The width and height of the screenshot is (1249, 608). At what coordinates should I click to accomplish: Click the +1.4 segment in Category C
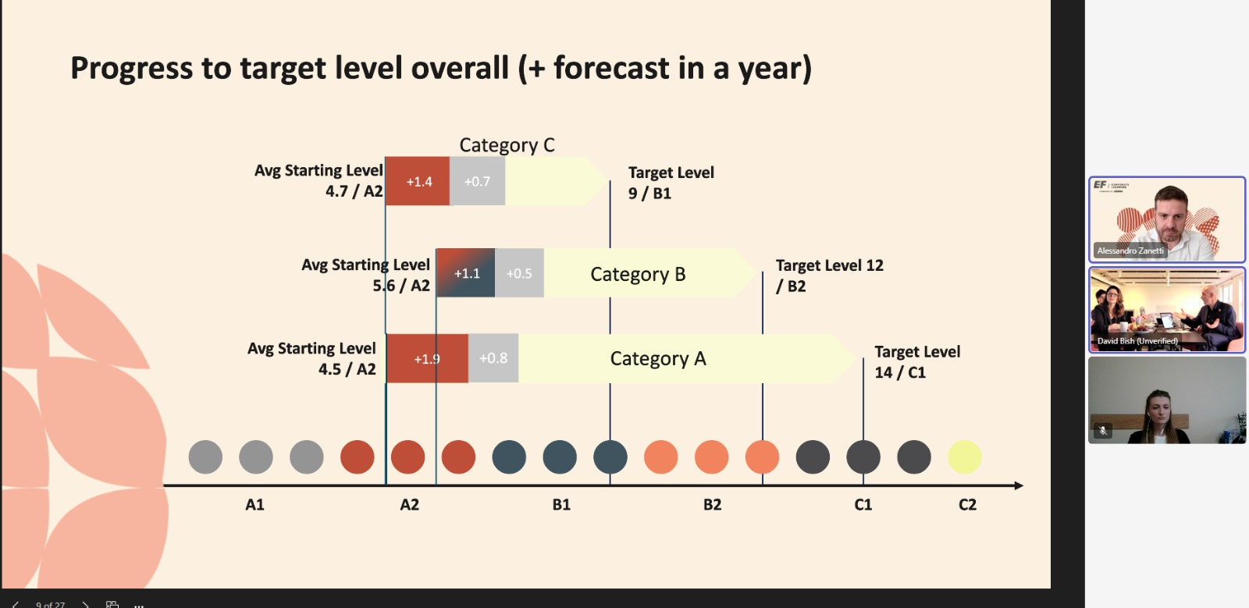[x=418, y=181]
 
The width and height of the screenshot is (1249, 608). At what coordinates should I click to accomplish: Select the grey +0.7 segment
[x=477, y=181]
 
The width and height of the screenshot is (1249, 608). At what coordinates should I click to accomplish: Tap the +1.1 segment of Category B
[x=466, y=273]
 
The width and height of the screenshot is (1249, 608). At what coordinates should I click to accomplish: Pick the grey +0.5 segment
[x=519, y=273]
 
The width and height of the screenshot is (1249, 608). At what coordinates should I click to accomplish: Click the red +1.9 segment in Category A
[x=426, y=358]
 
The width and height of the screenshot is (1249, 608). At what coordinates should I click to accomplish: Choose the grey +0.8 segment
[x=493, y=358]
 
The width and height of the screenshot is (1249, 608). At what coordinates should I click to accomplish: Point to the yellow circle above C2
[x=964, y=457]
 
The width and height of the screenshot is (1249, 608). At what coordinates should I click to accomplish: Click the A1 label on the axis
[x=255, y=505]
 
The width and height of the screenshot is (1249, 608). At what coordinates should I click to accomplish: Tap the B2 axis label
[x=712, y=505]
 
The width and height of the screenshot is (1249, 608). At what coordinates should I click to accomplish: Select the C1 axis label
[x=863, y=505]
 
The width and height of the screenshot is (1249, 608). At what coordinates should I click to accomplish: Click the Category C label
[x=507, y=145]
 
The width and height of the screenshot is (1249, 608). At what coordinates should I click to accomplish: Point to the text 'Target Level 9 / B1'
[x=671, y=183]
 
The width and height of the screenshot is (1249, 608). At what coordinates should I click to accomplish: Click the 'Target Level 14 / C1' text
[x=916, y=362]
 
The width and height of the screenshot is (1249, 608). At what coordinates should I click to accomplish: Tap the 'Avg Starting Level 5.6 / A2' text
[x=366, y=275]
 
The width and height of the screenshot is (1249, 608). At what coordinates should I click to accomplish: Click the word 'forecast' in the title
[x=611, y=68]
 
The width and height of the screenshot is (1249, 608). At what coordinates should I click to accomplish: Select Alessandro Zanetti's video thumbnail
[x=1166, y=219]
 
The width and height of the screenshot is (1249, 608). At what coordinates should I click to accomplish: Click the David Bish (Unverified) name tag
[x=1137, y=341]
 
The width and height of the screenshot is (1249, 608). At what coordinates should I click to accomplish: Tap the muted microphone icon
[x=1103, y=430]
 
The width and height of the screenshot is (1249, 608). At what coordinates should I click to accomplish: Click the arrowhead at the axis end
[x=1018, y=485]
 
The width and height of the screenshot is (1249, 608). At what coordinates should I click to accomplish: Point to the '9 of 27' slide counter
[x=50, y=604]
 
